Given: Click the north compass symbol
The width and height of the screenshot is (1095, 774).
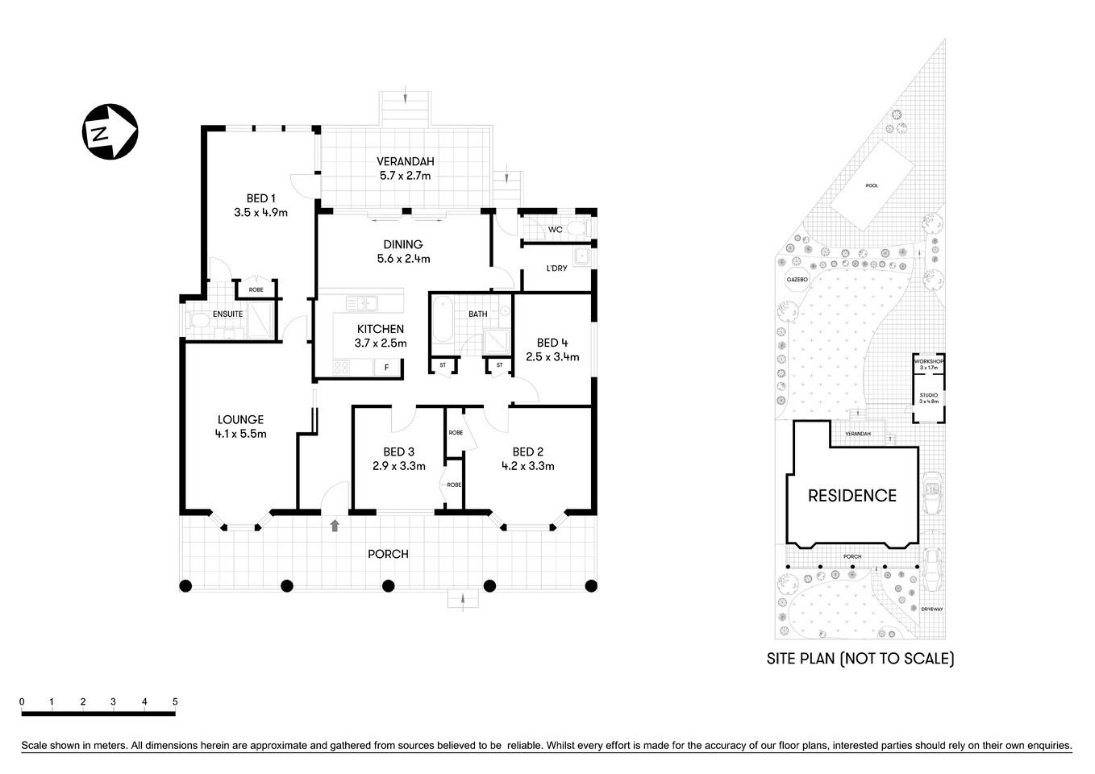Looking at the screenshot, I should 110,132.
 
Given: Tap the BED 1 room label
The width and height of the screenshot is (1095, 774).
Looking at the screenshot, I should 260,198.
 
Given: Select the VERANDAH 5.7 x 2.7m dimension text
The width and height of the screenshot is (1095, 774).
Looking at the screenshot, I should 405,176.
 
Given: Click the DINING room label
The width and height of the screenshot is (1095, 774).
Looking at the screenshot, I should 403,244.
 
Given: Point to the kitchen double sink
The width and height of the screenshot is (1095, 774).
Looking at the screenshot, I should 362,303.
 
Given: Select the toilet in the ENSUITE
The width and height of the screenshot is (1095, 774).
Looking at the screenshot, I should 196,322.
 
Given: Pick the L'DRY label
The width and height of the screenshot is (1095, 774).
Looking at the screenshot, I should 556,268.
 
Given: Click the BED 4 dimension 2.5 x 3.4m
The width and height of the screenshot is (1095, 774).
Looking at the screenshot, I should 552,356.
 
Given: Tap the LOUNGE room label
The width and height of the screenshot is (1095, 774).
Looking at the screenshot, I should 240,419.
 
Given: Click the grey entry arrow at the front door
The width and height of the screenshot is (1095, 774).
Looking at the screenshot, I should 335,526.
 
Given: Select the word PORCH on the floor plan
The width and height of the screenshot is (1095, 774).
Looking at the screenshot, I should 388,554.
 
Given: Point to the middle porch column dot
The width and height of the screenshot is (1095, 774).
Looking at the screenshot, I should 388,586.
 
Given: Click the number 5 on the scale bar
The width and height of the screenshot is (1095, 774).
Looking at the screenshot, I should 175,701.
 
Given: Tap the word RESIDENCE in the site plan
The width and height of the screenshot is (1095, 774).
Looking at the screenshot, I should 852,495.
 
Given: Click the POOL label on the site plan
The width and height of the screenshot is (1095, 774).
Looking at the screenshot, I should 872,185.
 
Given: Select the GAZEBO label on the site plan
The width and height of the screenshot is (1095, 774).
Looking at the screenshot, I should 797,280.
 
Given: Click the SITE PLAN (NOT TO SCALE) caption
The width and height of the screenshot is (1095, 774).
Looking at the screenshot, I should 860,659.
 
